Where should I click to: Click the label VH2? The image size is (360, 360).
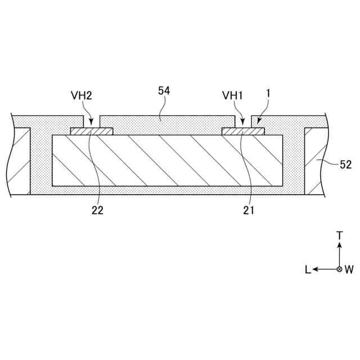click(x=82, y=96)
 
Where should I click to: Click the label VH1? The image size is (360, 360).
click(x=232, y=96)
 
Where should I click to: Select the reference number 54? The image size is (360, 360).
click(x=164, y=90)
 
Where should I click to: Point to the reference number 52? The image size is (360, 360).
click(x=345, y=165)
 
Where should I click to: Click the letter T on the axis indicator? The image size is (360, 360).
click(x=339, y=236)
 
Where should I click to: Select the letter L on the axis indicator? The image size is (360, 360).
click(x=308, y=269)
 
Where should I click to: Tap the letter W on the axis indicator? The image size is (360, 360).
click(x=349, y=269)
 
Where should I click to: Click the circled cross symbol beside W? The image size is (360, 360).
click(x=339, y=269)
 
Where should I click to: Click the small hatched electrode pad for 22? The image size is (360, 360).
click(x=92, y=132)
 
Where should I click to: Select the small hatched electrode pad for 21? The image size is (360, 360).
click(x=243, y=132)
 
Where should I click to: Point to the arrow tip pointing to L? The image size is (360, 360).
click(x=315, y=269)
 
